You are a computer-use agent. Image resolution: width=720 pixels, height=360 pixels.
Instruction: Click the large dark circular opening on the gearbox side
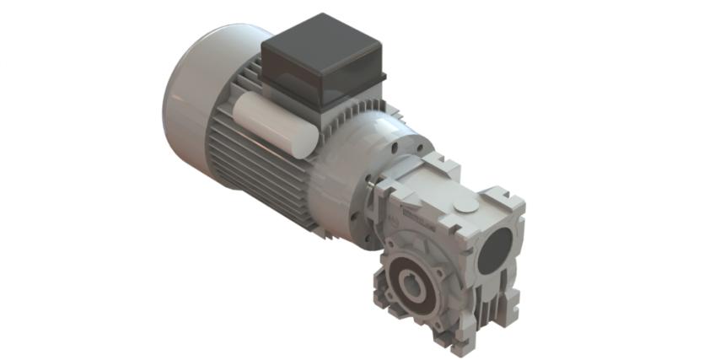coord(495,249)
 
